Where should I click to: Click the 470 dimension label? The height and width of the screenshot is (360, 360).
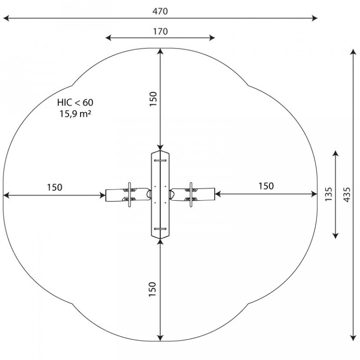[160, 11]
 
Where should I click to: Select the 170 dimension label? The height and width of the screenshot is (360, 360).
[160, 31]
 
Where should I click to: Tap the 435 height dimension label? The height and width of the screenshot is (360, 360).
[347, 195]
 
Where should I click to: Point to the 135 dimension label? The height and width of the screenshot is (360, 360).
[329, 194]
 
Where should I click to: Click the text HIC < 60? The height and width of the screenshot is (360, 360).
[75, 102]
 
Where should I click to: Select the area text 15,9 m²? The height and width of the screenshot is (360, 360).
[75, 114]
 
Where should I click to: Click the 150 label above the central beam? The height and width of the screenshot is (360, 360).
[153, 99]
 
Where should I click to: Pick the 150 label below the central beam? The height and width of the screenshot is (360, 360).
[152, 289]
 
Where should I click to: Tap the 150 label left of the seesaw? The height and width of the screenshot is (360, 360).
[55, 187]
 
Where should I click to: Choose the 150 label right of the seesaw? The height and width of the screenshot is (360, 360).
[266, 186]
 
